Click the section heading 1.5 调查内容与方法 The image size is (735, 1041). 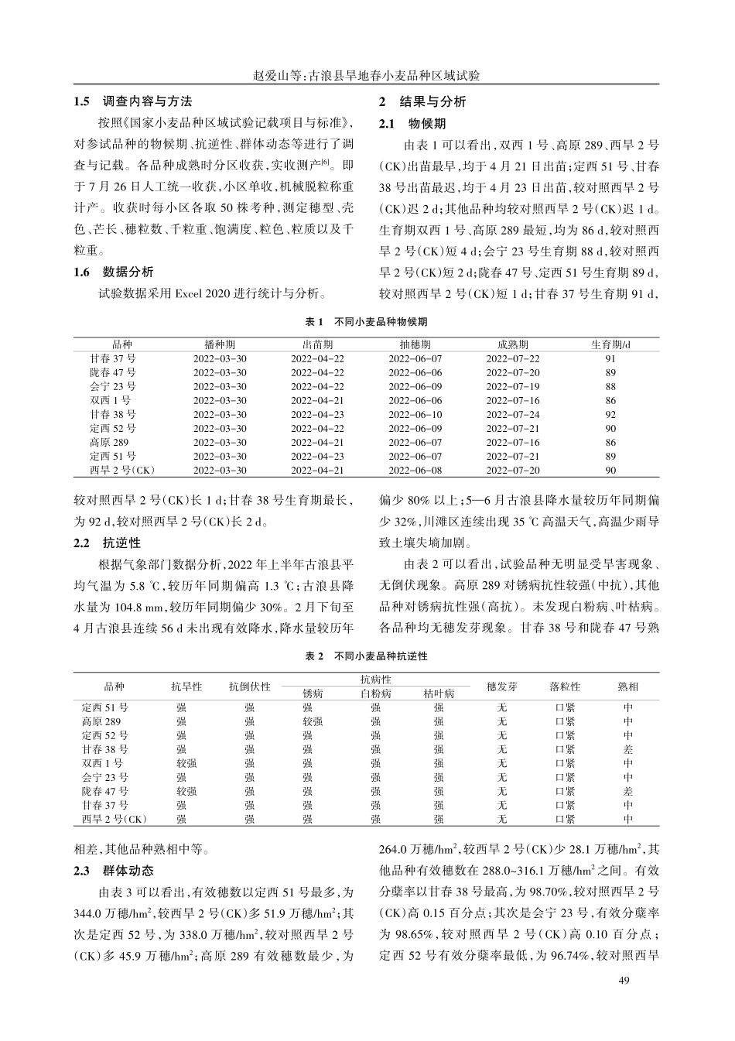(x=132, y=101)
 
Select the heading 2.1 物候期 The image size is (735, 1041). (x=412, y=123)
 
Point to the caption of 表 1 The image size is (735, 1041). (x=367, y=320)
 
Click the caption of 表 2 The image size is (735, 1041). (x=367, y=656)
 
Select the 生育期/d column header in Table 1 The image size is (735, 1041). (x=610, y=344)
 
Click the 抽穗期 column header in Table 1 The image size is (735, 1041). (x=415, y=344)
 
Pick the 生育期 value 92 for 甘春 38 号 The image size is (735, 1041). (x=610, y=414)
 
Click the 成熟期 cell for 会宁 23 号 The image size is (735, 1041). (x=513, y=386)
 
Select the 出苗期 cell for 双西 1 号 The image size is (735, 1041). (x=317, y=400)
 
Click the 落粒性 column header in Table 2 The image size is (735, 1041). (x=565, y=687)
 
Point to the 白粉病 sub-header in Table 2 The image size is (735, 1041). (x=376, y=693)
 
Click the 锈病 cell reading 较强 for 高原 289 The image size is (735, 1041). (x=312, y=721)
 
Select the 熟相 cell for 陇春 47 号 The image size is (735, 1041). (x=627, y=791)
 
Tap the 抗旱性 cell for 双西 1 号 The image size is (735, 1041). (x=186, y=763)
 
